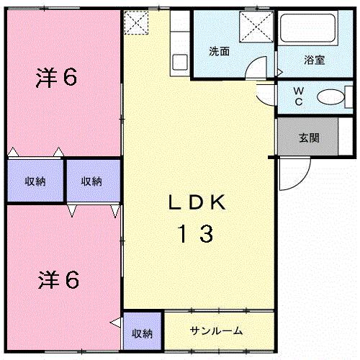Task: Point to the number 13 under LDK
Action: tap(196, 234)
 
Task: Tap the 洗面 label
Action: tap(220, 52)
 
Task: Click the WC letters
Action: tap(297, 97)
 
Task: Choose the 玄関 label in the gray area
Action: tap(309, 138)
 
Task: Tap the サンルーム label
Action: tap(217, 331)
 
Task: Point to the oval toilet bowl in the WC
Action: tap(330, 96)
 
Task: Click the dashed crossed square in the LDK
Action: tap(135, 23)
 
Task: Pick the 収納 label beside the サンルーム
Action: tap(143, 333)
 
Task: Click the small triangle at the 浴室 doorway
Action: tap(279, 72)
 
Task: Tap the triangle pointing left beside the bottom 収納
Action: tap(115, 322)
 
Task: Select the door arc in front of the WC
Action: tap(266, 88)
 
